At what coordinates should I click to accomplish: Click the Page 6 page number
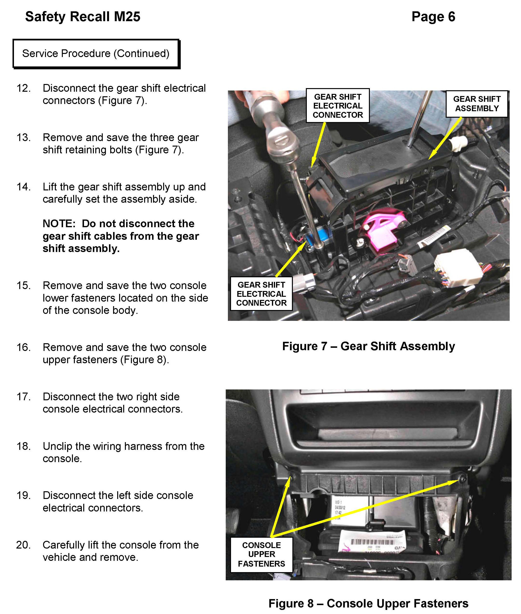433,17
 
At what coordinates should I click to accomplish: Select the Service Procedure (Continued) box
96,54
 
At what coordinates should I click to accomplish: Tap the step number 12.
24,88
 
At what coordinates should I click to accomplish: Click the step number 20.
24,545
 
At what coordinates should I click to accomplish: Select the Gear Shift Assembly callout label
476,104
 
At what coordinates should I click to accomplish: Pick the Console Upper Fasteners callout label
261,554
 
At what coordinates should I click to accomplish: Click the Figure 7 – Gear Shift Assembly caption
368,346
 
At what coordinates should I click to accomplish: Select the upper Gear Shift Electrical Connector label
338,106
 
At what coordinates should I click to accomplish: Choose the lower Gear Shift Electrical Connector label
261,294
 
